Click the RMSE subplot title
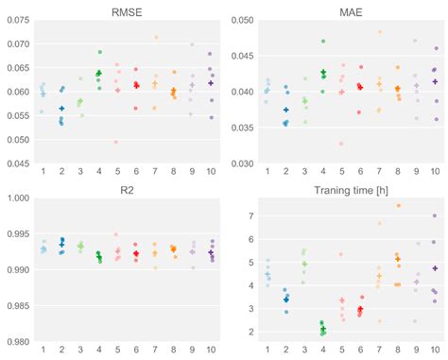click(128, 12)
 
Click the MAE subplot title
click(347, 12)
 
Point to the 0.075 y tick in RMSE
click(17, 20)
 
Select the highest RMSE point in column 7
click(156, 38)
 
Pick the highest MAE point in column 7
click(380, 32)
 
